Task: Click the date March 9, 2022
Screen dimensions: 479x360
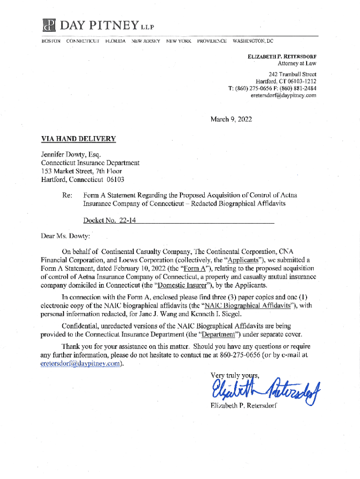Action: (231, 119)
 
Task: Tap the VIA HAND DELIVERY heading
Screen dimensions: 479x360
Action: (78, 138)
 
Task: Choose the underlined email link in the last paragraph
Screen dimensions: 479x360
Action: (82, 365)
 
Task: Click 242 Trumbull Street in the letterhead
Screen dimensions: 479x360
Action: (293, 74)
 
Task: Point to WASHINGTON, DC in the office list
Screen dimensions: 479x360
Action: (253, 41)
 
